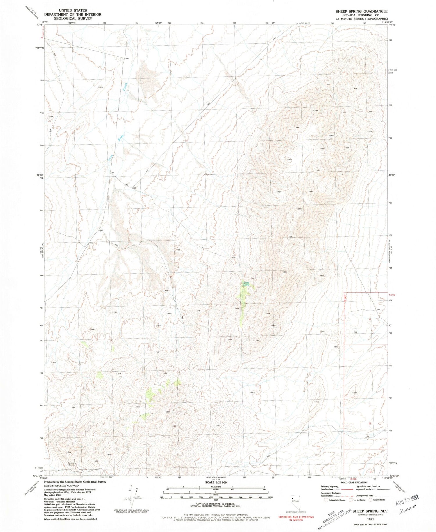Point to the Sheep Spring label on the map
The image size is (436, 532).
click(x=246, y=284)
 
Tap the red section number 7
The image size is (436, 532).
click(x=370, y=371)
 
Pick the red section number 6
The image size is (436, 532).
click(x=370, y=319)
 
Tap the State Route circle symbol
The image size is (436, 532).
click(x=370, y=500)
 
